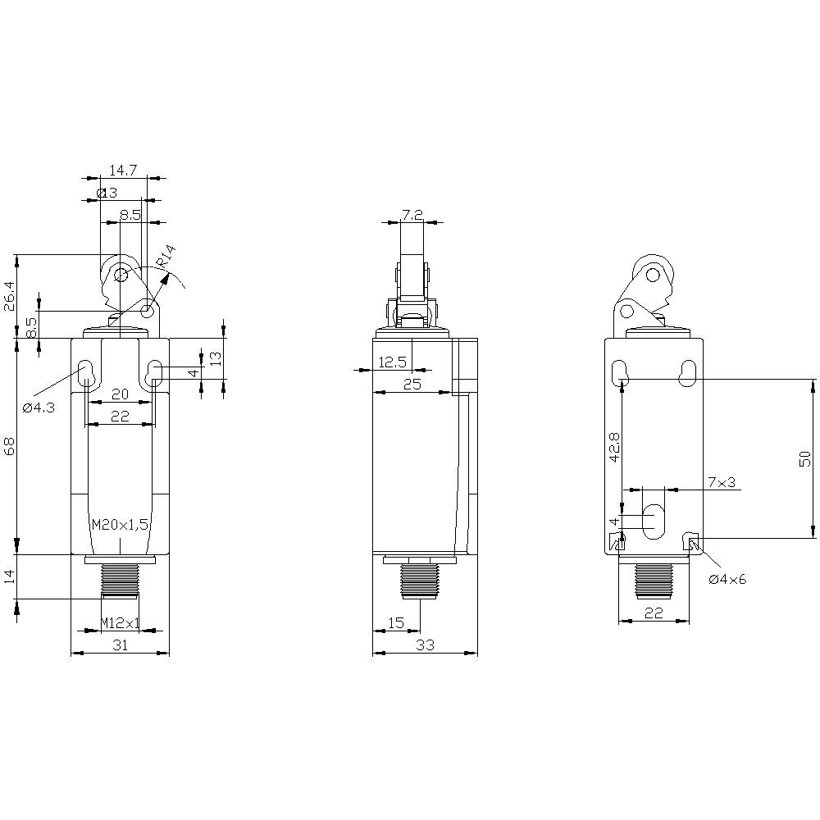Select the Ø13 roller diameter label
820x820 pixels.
click(107, 193)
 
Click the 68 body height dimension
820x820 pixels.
click(10, 446)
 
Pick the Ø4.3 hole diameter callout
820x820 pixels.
click(39, 408)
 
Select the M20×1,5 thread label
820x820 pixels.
click(120, 526)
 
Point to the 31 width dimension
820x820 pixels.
click(120, 645)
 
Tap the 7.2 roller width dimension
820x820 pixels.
click(412, 215)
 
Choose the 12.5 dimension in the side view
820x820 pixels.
click(392, 362)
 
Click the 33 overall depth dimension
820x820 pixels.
click(425, 645)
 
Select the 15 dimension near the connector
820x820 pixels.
click(395, 623)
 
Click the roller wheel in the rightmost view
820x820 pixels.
click(653, 271)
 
